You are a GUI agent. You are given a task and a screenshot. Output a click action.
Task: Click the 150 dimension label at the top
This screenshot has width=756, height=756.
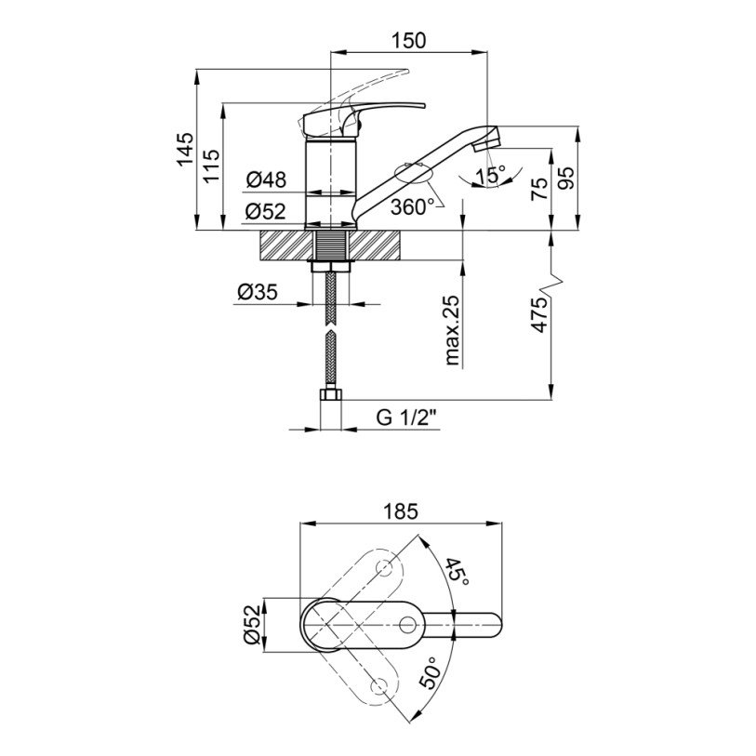pyautogui.click(x=408, y=41)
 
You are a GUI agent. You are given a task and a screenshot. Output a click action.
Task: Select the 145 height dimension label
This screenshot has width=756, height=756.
pyautogui.click(x=185, y=149)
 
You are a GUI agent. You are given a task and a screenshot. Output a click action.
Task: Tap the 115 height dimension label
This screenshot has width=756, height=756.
pyautogui.click(x=211, y=166)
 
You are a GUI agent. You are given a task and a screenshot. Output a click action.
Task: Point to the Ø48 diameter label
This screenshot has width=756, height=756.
pyautogui.click(x=266, y=179)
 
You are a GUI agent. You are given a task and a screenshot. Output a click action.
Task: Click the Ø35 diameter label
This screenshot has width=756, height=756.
pyautogui.click(x=258, y=292)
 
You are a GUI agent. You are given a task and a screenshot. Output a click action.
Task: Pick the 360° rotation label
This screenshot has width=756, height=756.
pyautogui.click(x=409, y=207)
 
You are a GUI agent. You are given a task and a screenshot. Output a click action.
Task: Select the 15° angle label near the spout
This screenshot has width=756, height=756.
pyautogui.click(x=490, y=175)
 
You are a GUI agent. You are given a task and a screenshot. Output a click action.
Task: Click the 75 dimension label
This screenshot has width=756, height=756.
pyautogui.click(x=540, y=189)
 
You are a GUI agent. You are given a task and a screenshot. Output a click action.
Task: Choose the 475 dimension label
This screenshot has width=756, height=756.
pyautogui.click(x=540, y=315)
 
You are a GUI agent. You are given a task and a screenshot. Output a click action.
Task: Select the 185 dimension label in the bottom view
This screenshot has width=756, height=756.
pyautogui.click(x=401, y=511)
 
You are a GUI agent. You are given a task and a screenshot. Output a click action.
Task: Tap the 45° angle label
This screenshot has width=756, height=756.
pyautogui.click(x=456, y=572)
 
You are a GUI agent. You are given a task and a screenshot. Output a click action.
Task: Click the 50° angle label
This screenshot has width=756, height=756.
pyautogui.click(x=431, y=671)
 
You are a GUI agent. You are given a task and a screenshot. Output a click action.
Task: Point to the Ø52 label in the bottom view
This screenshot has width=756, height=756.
pyautogui.click(x=252, y=625)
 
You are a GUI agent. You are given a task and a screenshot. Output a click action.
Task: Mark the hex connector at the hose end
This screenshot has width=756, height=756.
pyautogui.click(x=331, y=394)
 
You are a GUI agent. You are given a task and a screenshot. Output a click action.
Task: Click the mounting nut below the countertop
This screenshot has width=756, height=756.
pyautogui.click(x=331, y=266)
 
